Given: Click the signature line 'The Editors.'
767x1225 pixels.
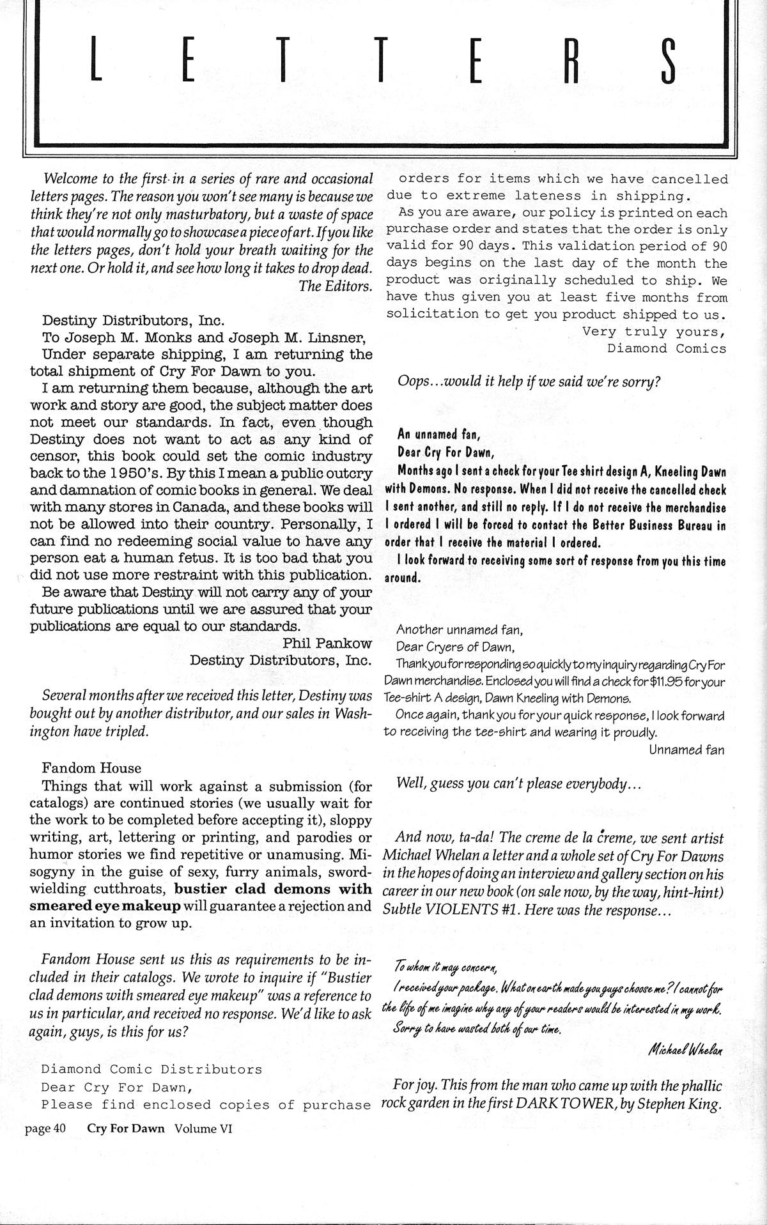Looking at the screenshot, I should pos(336,286).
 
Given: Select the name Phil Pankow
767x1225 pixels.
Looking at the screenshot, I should pos(327,643).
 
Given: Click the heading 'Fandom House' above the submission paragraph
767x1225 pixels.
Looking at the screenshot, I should pos(91,768).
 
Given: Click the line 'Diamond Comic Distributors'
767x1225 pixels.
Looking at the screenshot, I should pos(151,1069).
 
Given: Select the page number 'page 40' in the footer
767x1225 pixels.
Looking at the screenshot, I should pos(46,1129).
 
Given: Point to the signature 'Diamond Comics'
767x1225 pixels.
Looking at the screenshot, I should pos(667,349).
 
